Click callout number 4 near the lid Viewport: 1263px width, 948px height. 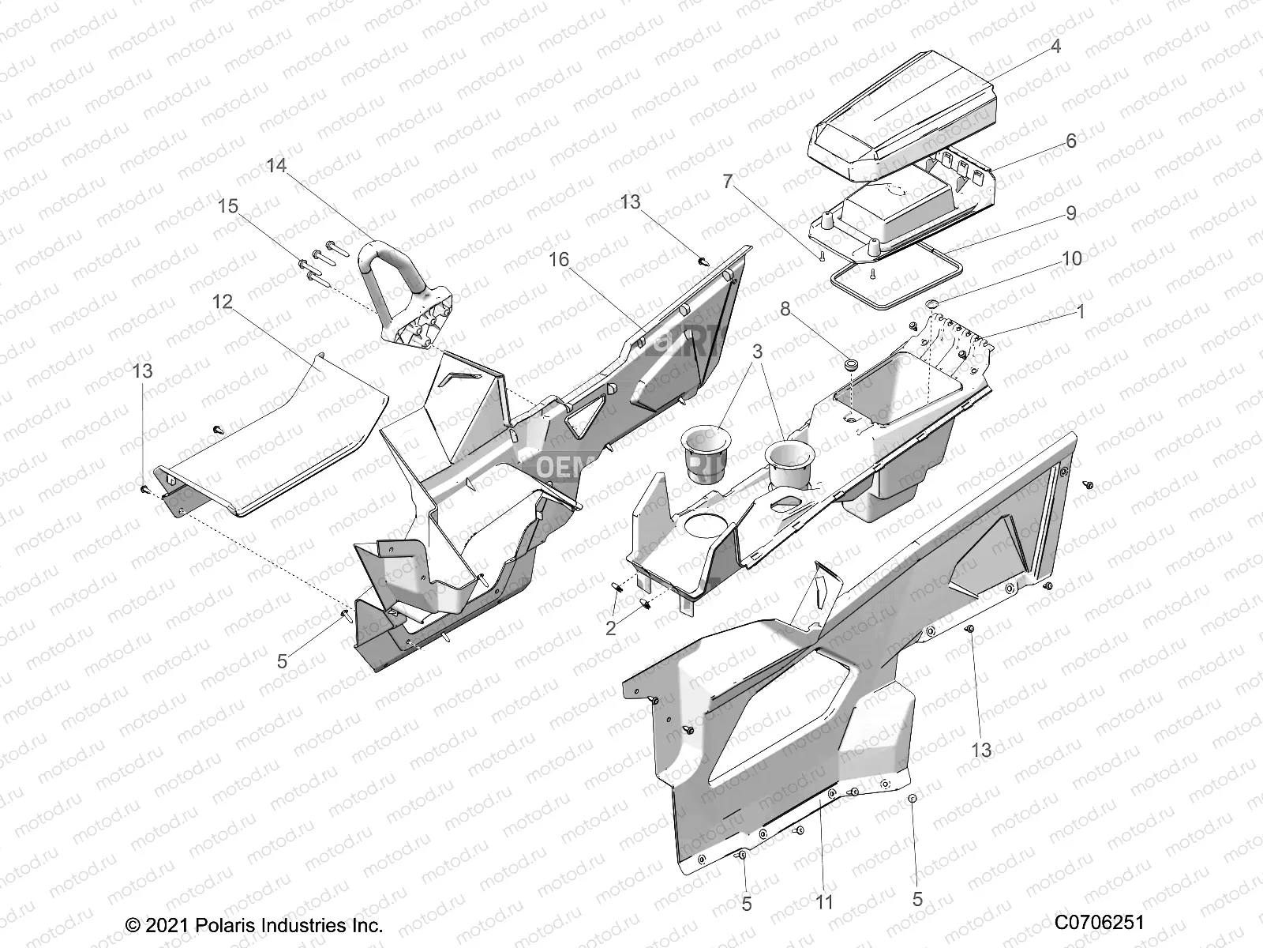1055,47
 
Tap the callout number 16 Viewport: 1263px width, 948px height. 559,260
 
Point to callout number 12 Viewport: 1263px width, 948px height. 222,301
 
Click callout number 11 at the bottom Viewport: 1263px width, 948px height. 824,901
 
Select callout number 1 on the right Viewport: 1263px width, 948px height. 1081,313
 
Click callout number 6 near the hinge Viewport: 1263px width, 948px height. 1071,141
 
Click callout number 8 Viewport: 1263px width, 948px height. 785,309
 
